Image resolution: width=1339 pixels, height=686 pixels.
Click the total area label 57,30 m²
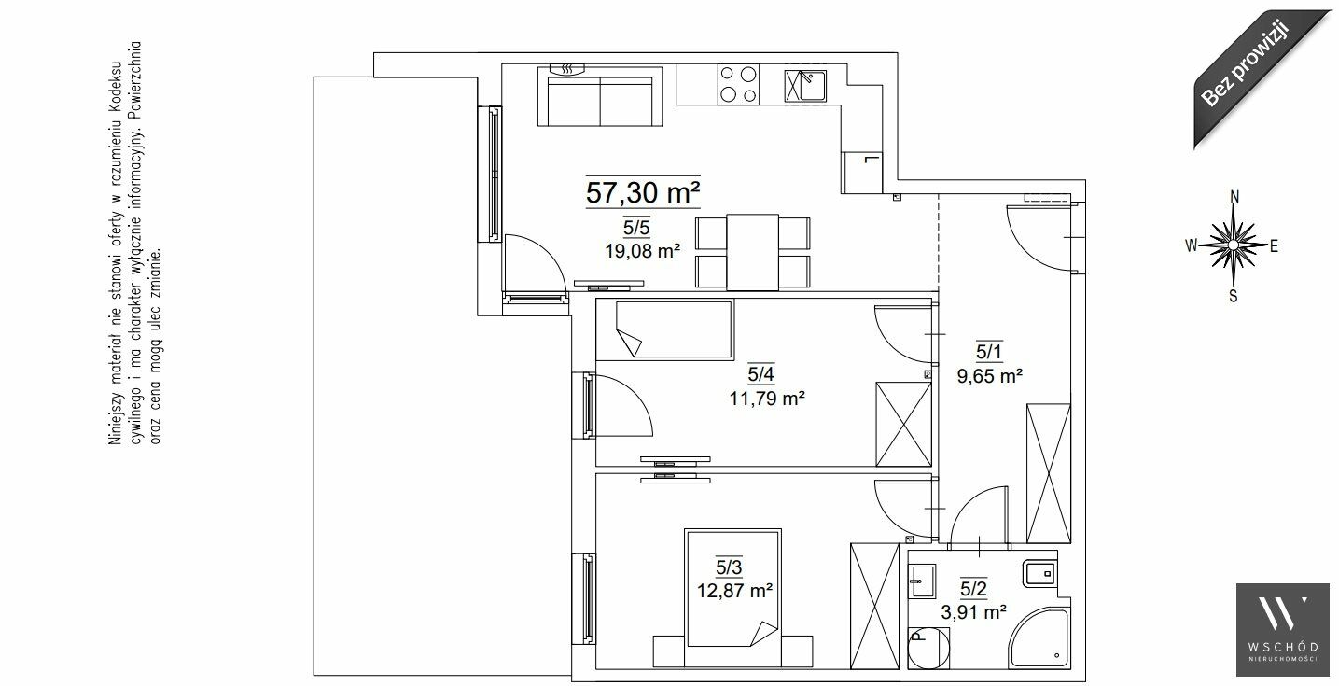[x=643, y=192]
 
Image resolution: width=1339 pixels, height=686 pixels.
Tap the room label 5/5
[x=636, y=228]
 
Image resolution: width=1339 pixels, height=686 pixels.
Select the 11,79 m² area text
[x=767, y=398]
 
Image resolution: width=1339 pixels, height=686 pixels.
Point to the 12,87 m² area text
[x=734, y=591]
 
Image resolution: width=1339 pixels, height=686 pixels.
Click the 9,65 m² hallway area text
[x=990, y=376]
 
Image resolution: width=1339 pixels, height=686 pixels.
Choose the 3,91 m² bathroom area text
[x=974, y=612]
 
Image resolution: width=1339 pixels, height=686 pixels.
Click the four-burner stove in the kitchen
[x=738, y=84]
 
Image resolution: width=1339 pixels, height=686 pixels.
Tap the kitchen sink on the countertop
[x=805, y=86]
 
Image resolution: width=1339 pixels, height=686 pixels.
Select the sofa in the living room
[x=600, y=96]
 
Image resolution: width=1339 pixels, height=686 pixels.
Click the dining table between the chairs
[x=753, y=252]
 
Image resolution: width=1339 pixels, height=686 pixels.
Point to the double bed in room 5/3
[x=732, y=589]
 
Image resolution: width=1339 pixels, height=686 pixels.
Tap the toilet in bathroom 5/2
[x=928, y=648]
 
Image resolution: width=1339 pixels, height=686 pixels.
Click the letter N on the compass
[x=1234, y=197]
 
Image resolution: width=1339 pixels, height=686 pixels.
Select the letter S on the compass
[x=1234, y=296]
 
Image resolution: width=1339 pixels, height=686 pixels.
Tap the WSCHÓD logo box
[x=1283, y=630]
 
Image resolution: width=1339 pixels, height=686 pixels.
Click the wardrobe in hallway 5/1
[x=1049, y=474]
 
